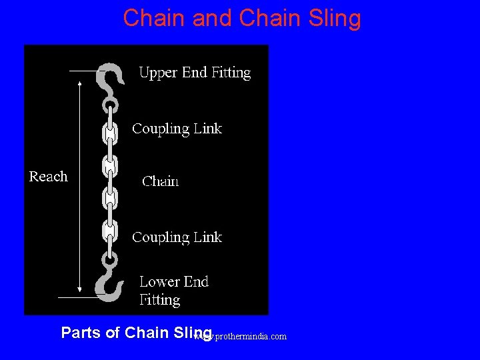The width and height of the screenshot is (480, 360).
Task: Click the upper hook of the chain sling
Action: coord(109,79)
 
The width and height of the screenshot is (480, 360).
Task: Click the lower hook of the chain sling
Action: coord(109,281)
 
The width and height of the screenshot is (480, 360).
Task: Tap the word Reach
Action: coord(48,177)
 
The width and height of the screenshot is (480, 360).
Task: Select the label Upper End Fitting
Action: coord(195,73)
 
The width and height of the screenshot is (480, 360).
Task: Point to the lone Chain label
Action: coord(161,181)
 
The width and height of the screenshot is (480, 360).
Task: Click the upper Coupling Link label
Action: coord(177,129)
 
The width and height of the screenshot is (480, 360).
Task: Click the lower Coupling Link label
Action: coord(177,237)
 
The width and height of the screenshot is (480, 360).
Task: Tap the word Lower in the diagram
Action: coord(160,281)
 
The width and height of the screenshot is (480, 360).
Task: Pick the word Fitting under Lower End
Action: coord(159,300)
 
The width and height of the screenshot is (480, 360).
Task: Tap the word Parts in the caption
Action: coord(81,333)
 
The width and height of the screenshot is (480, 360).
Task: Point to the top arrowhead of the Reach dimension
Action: coord(80,84)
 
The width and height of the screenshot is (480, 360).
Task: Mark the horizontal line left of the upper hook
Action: coord(83,70)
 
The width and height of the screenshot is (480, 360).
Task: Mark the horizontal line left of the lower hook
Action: coord(79,296)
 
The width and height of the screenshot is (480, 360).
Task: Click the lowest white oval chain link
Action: coord(109,231)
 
